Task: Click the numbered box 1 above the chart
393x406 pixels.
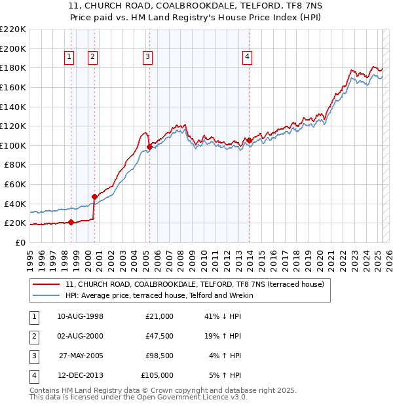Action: tap(69, 58)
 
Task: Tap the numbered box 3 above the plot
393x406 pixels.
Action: tap(148, 58)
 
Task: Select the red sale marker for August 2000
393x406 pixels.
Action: tap(94, 196)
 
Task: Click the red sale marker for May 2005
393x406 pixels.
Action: tap(150, 147)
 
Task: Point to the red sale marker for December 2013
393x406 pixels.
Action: tap(249, 140)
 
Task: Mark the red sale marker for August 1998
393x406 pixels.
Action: tap(71, 222)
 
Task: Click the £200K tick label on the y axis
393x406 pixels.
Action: tap(13, 48)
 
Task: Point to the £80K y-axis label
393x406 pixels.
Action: tap(15, 165)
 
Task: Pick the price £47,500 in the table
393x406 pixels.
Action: tap(160, 335)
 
